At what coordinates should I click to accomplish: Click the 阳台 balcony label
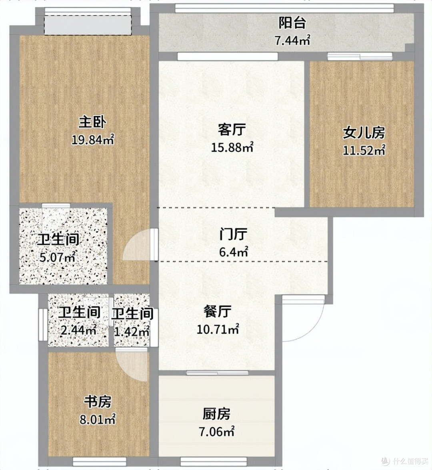pyautogui.click(x=292, y=23)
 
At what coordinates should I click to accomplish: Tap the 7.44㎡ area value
pyautogui.click(x=292, y=40)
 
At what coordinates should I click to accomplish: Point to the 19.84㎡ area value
pyautogui.click(x=93, y=139)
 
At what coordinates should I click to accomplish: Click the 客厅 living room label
pyautogui.click(x=232, y=130)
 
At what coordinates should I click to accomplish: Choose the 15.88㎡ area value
pyautogui.click(x=232, y=147)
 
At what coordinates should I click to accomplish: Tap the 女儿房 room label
pyautogui.click(x=364, y=133)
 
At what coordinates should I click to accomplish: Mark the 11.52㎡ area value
pyautogui.click(x=364, y=150)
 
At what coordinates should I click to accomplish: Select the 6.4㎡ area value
pyautogui.click(x=233, y=252)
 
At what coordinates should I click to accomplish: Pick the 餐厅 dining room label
pyautogui.click(x=217, y=312)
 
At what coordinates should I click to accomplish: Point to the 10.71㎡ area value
pyautogui.click(x=218, y=329)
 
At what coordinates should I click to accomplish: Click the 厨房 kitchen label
pyautogui.click(x=216, y=414)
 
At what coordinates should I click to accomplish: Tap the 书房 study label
pyautogui.click(x=98, y=402)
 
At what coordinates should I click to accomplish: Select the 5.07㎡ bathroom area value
pyautogui.click(x=57, y=257)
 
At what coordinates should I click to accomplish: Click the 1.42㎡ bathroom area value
pyautogui.click(x=132, y=331)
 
